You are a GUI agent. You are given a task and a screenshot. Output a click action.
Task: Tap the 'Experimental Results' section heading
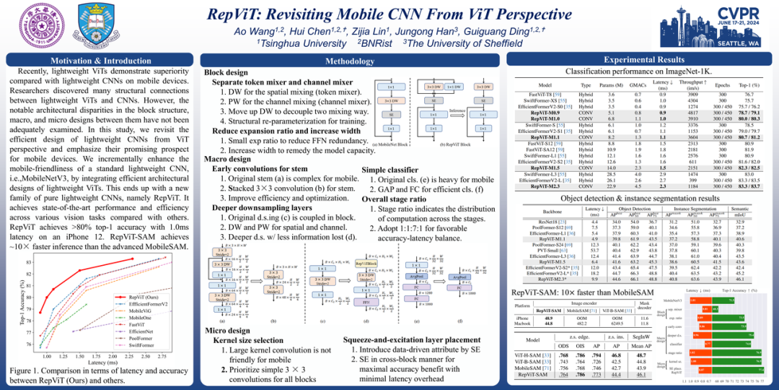click(x=644, y=59)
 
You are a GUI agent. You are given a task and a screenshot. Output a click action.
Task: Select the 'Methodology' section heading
click(x=351, y=62)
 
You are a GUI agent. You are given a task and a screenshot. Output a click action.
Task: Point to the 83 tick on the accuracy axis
click(x=29, y=264)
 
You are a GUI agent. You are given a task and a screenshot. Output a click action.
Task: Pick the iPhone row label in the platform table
click(x=524, y=318)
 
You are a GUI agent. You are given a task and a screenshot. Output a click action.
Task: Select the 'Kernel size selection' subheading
click(x=250, y=339)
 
